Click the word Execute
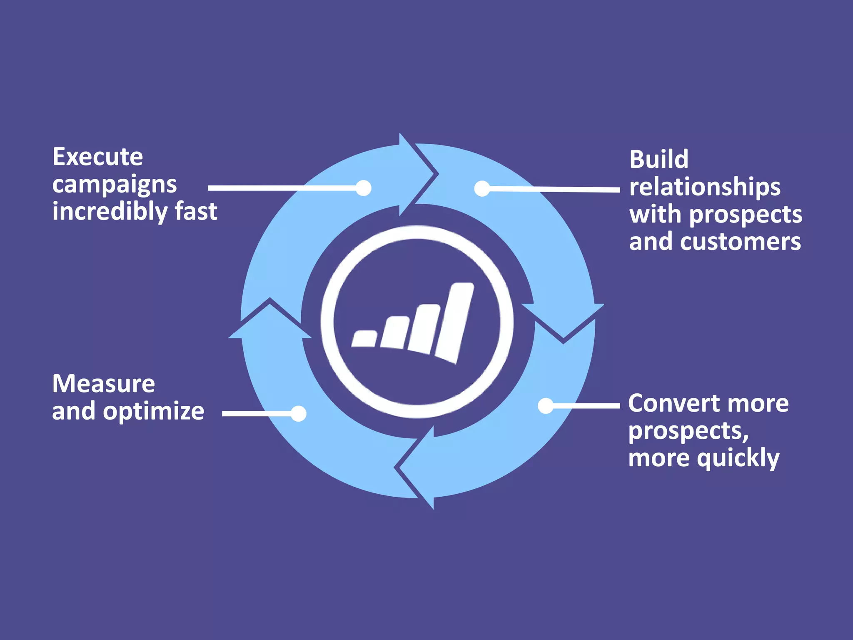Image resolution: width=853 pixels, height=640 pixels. point(97,157)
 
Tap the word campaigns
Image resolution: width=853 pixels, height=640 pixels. point(115,185)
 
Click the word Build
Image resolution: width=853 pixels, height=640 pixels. point(658,159)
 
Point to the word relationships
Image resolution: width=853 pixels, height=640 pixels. point(705,187)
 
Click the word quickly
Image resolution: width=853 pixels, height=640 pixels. point(738,458)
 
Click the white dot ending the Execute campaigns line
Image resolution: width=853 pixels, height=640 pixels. point(364,188)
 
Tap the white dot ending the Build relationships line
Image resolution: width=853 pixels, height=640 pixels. point(482,188)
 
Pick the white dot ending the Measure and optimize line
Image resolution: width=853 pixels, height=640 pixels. point(299,413)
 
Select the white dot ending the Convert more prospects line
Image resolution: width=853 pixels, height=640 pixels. point(546,405)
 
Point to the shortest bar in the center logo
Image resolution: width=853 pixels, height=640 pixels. point(364,338)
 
